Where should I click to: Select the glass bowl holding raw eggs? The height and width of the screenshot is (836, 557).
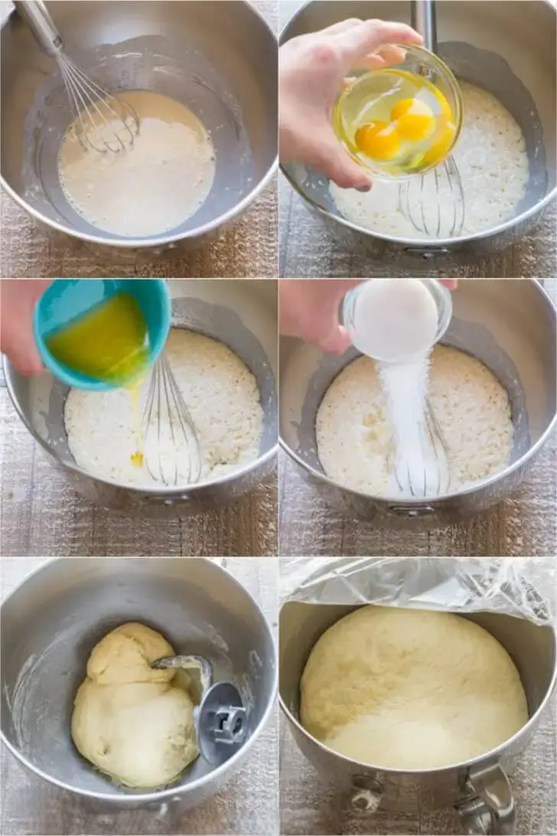point(402,115)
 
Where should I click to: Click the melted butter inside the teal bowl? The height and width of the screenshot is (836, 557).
point(99,341)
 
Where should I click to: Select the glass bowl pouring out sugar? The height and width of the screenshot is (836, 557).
point(396,318)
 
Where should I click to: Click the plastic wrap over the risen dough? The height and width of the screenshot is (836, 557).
point(417,586)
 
